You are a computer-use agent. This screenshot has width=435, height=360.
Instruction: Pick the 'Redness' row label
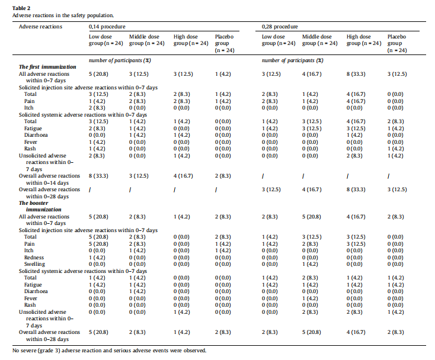(34, 258)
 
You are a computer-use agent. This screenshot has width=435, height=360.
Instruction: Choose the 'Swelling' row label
(34, 263)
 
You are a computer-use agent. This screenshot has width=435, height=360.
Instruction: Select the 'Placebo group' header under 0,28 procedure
(397, 43)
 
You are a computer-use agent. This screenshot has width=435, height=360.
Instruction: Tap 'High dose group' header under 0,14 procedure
(190, 40)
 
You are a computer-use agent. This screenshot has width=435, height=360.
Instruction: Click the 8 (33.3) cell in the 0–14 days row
(99, 175)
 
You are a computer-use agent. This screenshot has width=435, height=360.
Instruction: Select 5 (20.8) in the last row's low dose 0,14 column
(99, 332)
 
